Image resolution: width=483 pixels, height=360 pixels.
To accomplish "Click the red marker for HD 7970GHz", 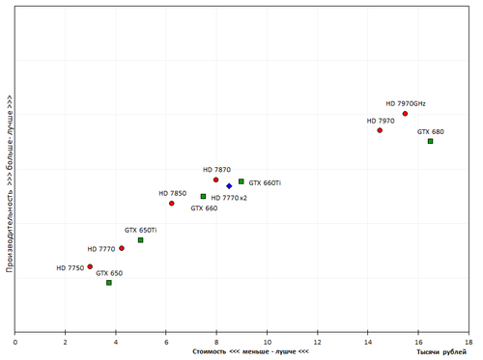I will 405,114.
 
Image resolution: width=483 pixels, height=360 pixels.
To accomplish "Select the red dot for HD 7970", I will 380,130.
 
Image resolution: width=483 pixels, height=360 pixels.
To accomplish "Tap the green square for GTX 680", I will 431,141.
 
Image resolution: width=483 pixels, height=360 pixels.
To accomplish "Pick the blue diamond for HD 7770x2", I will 229,185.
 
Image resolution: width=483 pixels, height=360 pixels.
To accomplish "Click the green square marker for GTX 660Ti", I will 241,181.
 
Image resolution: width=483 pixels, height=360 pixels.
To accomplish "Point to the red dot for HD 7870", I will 216,180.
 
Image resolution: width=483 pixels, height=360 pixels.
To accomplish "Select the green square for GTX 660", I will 204,196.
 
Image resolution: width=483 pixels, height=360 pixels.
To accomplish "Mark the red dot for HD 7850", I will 172,204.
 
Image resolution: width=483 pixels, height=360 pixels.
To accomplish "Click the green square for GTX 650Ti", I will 141,240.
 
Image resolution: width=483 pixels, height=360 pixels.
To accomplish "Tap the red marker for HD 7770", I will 122,249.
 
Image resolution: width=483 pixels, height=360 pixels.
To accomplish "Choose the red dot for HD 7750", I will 90,266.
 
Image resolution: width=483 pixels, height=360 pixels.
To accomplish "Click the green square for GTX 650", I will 109,283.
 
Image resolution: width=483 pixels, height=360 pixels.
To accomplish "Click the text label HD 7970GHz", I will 406,103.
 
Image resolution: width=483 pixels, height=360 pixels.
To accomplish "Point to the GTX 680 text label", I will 431,131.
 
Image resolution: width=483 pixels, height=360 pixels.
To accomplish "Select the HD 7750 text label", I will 70,267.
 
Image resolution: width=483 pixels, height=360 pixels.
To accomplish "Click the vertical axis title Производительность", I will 9,183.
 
